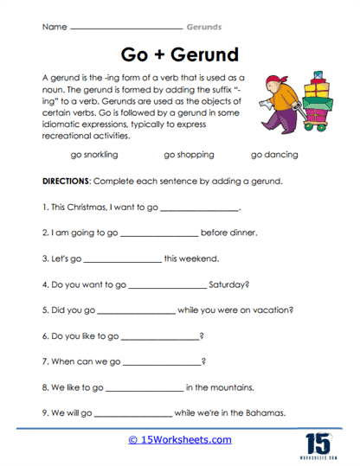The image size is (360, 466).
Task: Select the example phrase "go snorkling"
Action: tap(94, 155)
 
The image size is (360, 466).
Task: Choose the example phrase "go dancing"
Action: tap(274, 155)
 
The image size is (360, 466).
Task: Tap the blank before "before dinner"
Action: tap(159, 233)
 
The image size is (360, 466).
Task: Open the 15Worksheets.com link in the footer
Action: tap(179, 440)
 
